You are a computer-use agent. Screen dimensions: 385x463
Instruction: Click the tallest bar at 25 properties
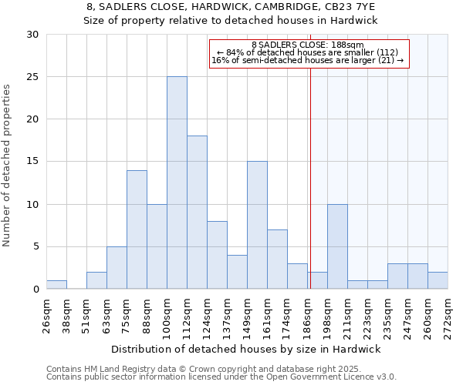tap(177, 182)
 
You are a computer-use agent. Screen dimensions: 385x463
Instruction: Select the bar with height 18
tap(197, 213)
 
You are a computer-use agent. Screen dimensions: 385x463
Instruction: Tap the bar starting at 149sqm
tap(257, 225)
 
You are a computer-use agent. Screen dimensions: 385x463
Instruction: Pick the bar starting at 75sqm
tap(137, 229)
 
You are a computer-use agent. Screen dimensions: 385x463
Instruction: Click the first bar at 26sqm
tap(56, 285)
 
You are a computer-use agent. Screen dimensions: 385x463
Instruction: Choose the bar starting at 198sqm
tap(337, 246)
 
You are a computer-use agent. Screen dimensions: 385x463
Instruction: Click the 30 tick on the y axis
tap(32, 35)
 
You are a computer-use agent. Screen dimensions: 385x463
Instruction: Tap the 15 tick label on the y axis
tap(32, 162)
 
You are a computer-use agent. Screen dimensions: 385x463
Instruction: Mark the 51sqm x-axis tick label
tap(87, 313)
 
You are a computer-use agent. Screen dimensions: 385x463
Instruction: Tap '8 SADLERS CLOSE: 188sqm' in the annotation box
tap(308, 45)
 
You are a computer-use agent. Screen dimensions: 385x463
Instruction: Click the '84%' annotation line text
tap(307, 52)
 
